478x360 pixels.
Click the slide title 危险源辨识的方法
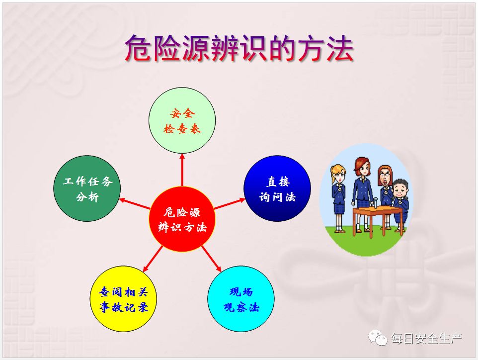[239, 48]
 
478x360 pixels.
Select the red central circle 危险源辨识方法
[182, 219]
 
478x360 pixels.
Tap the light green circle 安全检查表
[182, 120]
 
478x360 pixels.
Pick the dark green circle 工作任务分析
[87, 188]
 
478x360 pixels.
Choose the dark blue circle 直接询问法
[277, 188]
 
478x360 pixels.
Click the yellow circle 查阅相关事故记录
[123, 299]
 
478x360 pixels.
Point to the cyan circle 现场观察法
[241, 299]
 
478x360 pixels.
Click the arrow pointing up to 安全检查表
[182, 170]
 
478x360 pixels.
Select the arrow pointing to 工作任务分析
[135, 203]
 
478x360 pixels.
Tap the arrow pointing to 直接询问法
[230, 203]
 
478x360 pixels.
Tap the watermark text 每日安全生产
[426, 338]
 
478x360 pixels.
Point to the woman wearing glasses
[385, 195]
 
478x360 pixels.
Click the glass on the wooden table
[376, 202]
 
